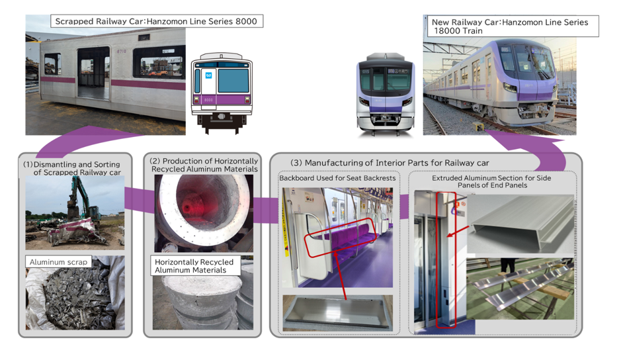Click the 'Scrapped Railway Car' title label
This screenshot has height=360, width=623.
(157, 22)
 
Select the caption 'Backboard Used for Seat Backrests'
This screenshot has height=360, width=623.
(337, 179)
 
